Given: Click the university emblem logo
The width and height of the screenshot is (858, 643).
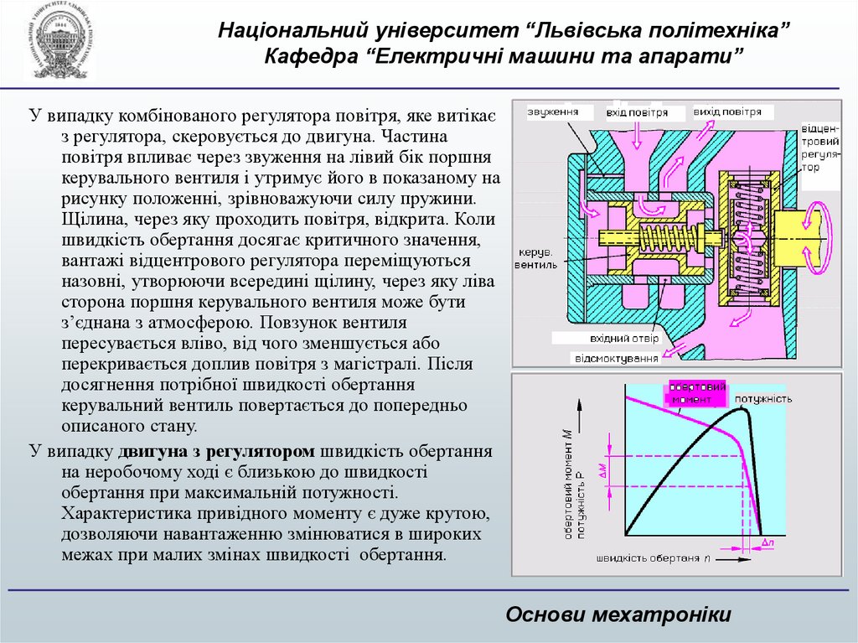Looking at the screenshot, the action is coord(58,41).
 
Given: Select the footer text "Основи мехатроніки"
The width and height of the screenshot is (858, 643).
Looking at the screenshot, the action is coord(618,614).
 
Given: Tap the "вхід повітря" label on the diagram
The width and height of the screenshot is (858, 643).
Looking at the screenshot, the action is coord(638,111).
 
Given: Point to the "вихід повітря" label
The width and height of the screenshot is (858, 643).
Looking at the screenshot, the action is coord(727,111).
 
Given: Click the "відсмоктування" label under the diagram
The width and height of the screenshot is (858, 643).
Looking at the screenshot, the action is coord(617,358).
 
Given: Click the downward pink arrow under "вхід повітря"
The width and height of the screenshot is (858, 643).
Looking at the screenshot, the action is coord(639,134).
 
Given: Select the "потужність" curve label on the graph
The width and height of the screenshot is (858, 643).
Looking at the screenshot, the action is coord(763,398).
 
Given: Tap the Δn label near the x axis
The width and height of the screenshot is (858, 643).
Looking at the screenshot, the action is coord(770,543).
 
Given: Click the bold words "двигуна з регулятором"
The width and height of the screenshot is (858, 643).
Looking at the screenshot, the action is coord(217,451).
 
